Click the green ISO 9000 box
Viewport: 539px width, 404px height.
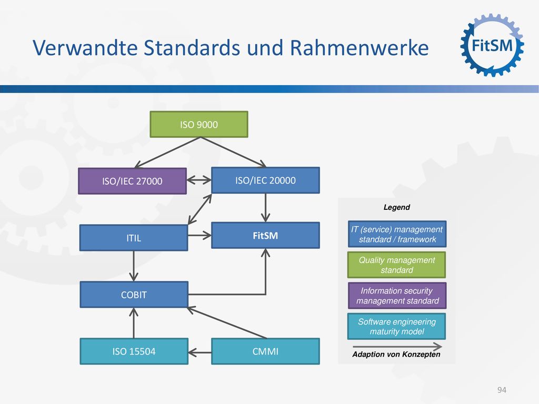tap(198, 124)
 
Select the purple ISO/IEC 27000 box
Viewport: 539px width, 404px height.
tap(132, 181)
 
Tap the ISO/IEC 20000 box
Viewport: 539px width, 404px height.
tap(265, 180)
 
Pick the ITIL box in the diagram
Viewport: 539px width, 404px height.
tap(134, 238)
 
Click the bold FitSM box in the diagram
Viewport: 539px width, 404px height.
tap(265, 235)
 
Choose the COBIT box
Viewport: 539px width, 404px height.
tap(134, 295)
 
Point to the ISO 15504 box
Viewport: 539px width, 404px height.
tap(134, 351)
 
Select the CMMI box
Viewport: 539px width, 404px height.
tap(265, 351)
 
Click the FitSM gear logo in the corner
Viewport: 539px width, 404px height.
tap(492, 45)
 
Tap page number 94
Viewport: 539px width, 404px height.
tap(502, 390)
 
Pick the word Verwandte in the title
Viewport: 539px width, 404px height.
tap(85, 47)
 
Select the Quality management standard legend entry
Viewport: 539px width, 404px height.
tap(397, 265)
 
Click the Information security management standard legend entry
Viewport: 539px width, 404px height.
tap(397, 296)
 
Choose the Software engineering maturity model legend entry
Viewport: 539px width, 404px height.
tap(397, 326)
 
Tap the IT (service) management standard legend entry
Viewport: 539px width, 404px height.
tap(397, 234)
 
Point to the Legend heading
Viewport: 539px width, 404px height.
tap(397, 207)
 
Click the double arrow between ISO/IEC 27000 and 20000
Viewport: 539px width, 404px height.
tap(199, 180)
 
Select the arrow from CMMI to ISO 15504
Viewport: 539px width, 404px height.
tap(199, 352)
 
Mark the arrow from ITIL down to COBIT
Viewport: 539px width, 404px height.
tap(134, 266)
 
